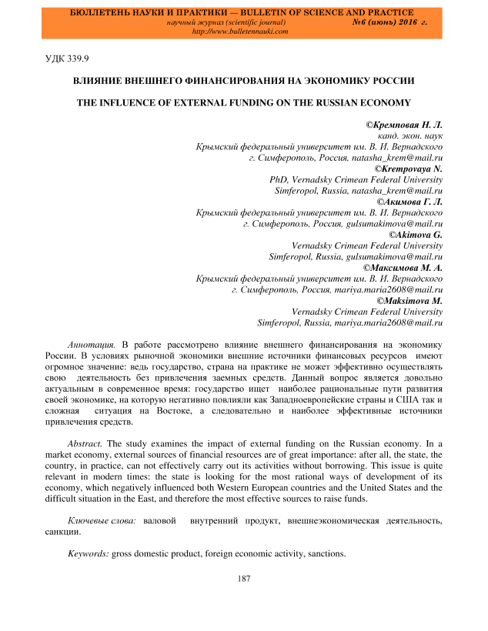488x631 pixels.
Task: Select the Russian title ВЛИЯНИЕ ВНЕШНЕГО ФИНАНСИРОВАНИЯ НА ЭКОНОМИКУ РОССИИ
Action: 244,80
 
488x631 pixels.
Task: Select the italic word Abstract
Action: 85,444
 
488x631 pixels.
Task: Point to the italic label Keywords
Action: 89,554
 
